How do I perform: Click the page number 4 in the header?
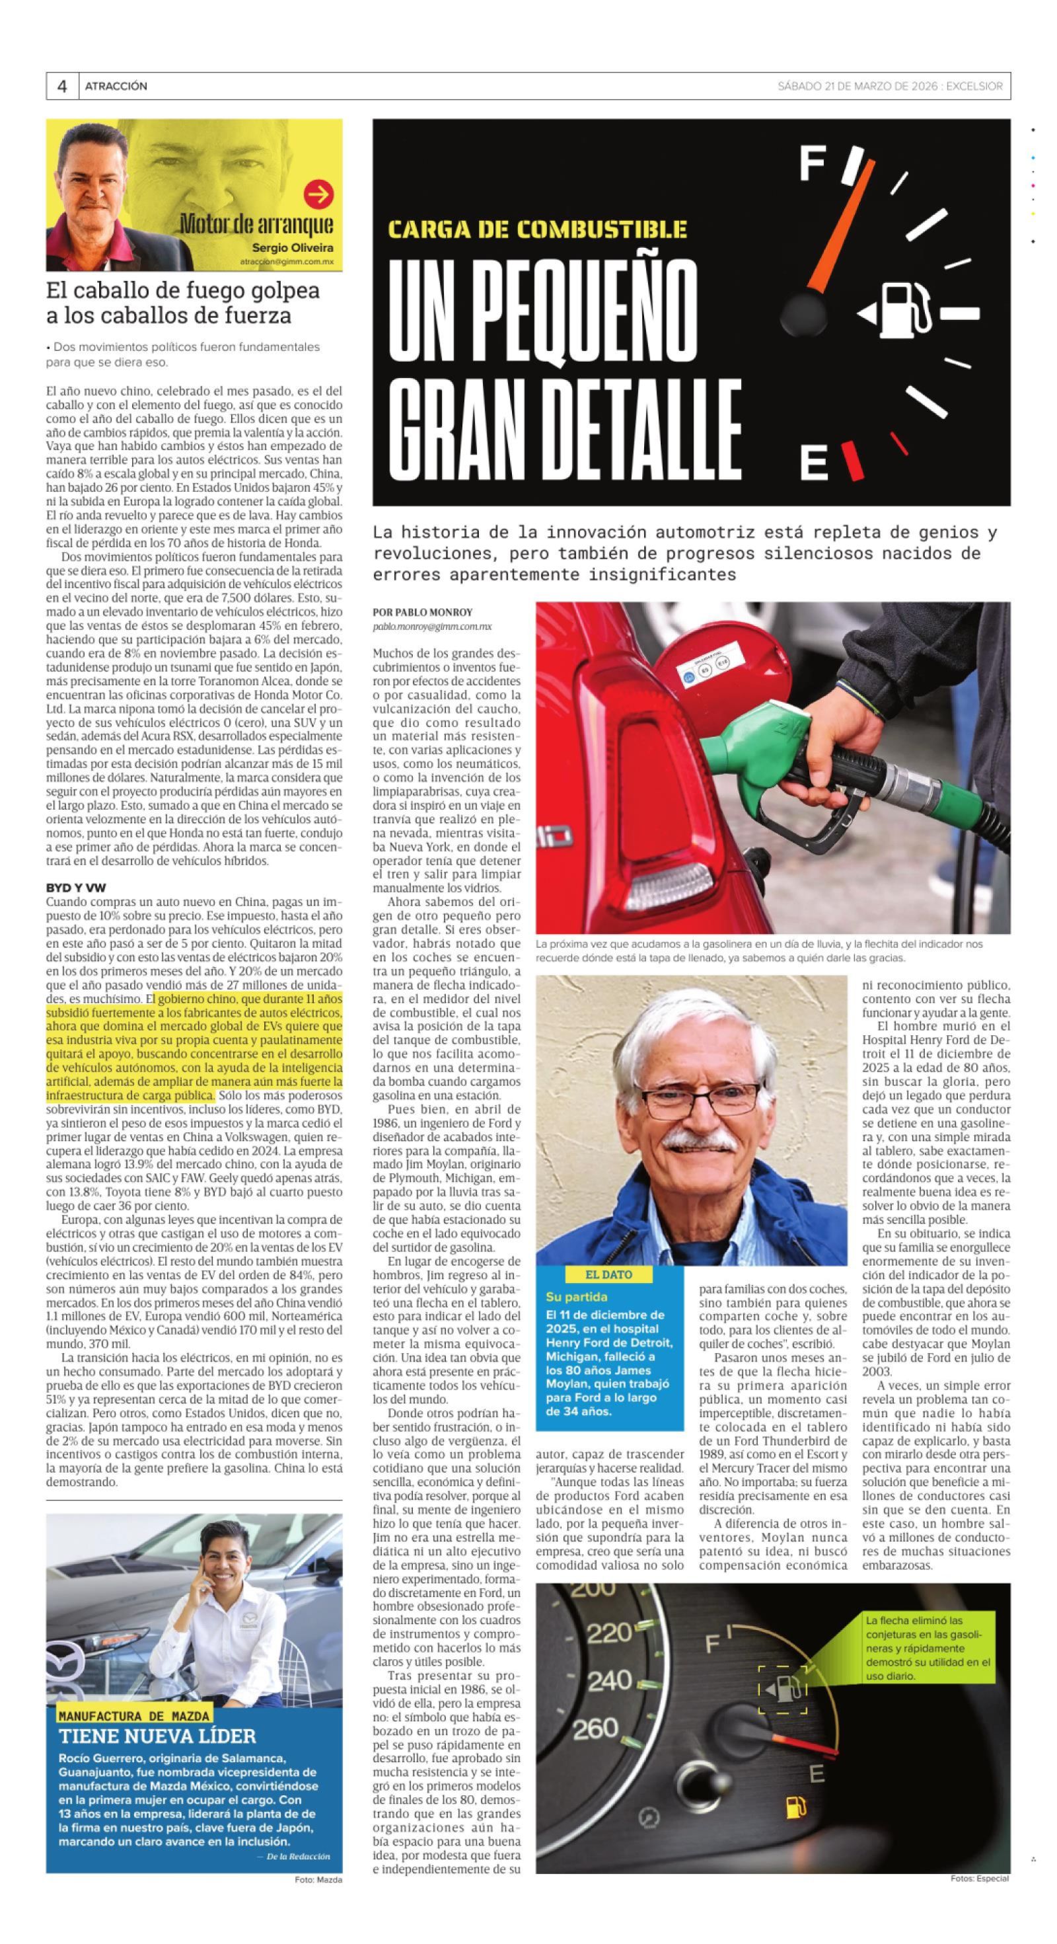[x=62, y=86]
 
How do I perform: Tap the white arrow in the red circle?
[x=318, y=195]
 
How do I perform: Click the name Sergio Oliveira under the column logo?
[x=293, y=247]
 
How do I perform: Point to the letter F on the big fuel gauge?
[x=813, y=164]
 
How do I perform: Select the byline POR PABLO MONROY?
[x=423, y=612]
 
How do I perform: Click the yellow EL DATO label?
[x=609, y=1274]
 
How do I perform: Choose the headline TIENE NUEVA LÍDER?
[x=158, y=1736]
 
